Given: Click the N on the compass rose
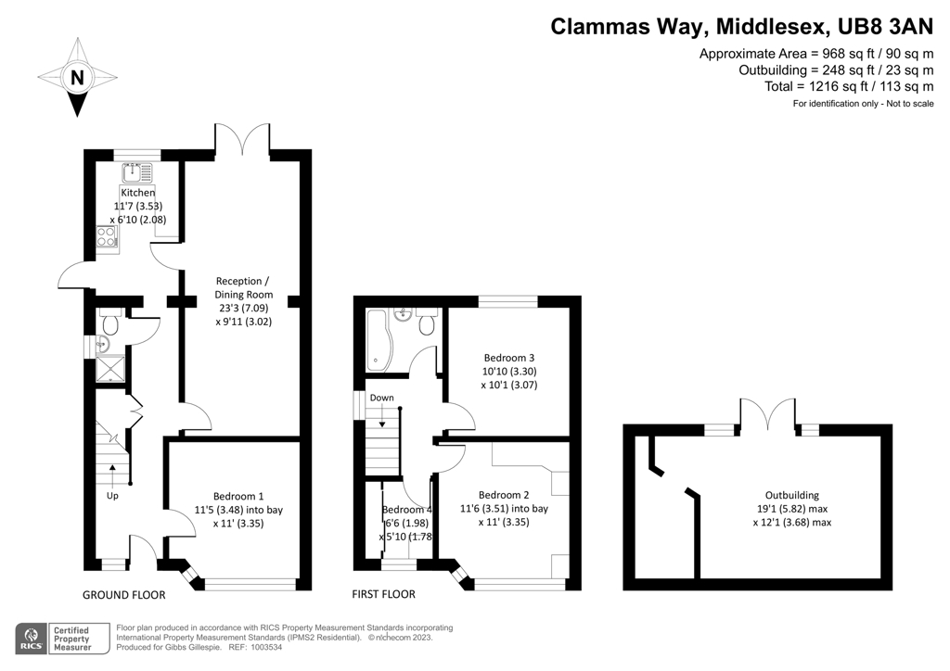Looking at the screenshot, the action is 77,78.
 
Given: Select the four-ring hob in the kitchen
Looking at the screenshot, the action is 107,236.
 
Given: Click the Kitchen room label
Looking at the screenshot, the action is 138,193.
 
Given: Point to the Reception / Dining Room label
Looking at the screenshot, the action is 244,288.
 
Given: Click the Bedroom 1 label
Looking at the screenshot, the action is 238,496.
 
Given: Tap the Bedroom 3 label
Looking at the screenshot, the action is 509,358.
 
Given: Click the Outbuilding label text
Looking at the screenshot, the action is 792,495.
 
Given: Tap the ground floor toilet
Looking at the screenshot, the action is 110,323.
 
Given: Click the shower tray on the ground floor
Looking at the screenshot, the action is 111,369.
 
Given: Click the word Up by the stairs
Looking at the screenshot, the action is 112,496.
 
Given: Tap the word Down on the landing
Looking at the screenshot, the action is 381,398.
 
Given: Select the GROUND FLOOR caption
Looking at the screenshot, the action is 124,595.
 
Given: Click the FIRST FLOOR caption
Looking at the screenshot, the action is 383,594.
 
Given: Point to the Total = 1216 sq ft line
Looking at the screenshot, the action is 849,86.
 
